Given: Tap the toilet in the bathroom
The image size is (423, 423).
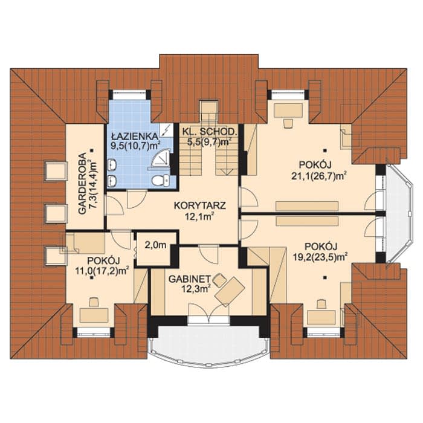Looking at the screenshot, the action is (161, 180).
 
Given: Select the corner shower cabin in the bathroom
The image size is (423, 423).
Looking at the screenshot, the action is (161, 159).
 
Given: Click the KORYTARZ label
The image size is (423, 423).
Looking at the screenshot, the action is (200, 205).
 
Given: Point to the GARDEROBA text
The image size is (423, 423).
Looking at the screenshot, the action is (82, 184).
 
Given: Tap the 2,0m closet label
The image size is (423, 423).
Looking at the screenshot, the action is (155, 245).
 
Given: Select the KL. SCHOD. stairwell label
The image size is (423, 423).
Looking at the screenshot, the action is (209, 132).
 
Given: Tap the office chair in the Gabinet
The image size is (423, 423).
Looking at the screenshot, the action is (219, 280).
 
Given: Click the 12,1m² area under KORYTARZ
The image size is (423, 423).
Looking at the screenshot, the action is (200, 216).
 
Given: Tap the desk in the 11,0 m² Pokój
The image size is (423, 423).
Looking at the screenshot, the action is (94, 315).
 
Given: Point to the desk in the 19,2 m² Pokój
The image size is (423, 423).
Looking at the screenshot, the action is (321, 317).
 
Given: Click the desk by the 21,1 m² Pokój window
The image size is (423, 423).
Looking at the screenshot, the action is (288, 111).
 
